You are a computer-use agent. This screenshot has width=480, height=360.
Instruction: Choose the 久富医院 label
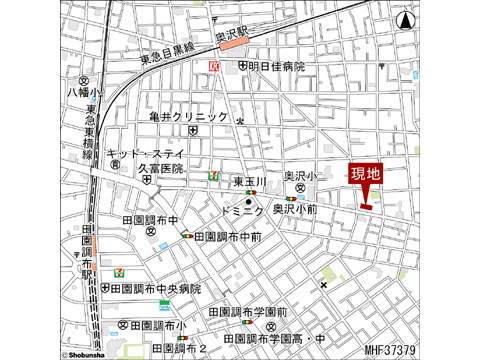[x=159, y=169]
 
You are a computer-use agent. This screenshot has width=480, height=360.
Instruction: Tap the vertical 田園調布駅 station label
[x=86, y=254]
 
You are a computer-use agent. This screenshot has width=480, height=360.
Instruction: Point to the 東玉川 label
[x=249, y=181]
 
